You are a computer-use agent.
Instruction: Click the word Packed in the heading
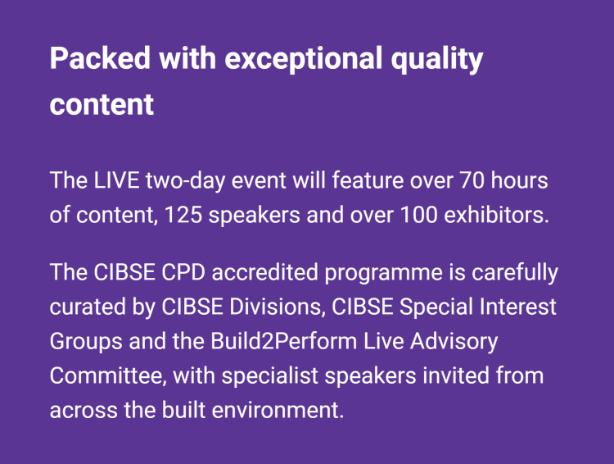point(100,58)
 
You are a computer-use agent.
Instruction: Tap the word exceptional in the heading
point(303,59)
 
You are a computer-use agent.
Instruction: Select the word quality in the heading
point(437,59)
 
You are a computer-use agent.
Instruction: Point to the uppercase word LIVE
point(116,180)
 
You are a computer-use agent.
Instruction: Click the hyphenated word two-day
point(185,181)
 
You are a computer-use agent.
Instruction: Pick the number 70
point(472,180)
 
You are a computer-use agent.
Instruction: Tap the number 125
point(183,215)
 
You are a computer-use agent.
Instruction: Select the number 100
point(418,215)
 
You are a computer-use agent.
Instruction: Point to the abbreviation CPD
point(183,272)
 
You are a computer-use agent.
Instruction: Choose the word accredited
point(264,271)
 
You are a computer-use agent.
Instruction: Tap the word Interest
point(517,307)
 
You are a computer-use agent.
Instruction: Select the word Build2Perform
point(283,341)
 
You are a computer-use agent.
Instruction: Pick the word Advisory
point(454,342)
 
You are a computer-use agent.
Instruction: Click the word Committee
point(106,375)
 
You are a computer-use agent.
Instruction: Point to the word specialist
point(270,376)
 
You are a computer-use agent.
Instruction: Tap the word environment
point(278,410)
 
